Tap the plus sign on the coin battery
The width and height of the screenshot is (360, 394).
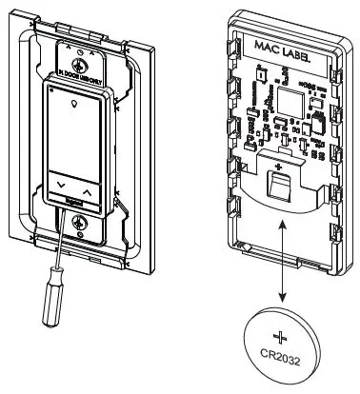tap(280, 337)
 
